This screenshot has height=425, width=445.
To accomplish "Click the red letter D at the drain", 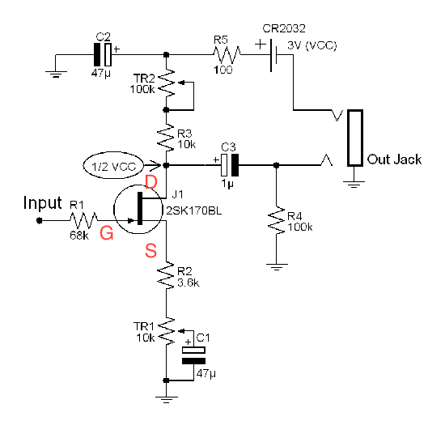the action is coord(151,182).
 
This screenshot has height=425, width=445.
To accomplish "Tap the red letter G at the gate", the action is coord(107,233).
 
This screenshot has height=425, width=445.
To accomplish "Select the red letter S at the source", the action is coord(151,251).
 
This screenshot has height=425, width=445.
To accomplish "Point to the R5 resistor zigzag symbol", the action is coord(227,54).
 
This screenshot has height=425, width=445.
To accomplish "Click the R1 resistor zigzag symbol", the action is coord(83,220).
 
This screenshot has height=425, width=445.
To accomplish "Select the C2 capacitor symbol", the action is coord(103,54).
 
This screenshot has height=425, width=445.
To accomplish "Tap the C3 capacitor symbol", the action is coord(230,165).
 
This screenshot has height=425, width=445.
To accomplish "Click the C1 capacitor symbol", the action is coord(193,355).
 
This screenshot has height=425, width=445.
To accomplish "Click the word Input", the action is coord(43,203).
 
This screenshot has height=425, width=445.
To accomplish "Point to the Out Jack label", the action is coord(394,159).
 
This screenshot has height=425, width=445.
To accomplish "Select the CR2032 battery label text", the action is coord(284,28).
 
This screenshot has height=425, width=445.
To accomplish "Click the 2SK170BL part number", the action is coord(194,211).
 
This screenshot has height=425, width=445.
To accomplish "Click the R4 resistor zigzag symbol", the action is coord(276,220).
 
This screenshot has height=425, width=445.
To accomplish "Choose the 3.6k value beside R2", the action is coord(189,283).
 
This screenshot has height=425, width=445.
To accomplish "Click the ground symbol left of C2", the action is coord(56,74).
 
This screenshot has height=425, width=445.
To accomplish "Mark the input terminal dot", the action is coord(39,220).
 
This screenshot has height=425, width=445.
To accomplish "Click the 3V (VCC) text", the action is coord(312,45).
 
